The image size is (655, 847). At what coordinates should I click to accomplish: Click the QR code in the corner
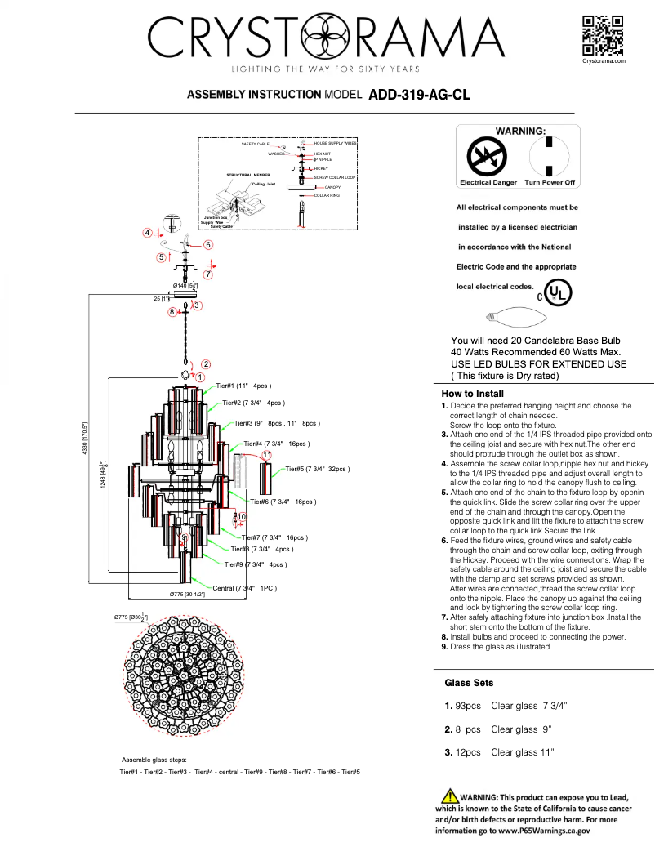point(604,35)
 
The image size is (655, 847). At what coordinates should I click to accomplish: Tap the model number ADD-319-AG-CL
point(419,95)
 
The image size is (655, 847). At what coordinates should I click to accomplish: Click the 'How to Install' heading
point(472,394)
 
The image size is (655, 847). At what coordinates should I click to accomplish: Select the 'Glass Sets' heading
point(469,683)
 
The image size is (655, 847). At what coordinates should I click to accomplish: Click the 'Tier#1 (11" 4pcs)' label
point(243,386)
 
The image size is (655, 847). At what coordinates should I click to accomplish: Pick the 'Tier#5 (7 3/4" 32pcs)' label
point(318,470)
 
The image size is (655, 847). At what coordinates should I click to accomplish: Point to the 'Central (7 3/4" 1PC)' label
point(246,588)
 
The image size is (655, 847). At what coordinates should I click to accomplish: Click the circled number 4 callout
point(147,233)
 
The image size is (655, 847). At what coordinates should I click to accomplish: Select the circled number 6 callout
point(208,244)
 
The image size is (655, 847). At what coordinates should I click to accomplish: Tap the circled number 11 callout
point(266,455)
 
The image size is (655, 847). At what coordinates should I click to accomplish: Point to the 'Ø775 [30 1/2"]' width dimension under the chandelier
point(187,595)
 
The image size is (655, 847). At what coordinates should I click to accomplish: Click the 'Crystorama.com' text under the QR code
point(604,61)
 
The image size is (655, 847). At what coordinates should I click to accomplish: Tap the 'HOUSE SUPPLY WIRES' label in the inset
point(336,143)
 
